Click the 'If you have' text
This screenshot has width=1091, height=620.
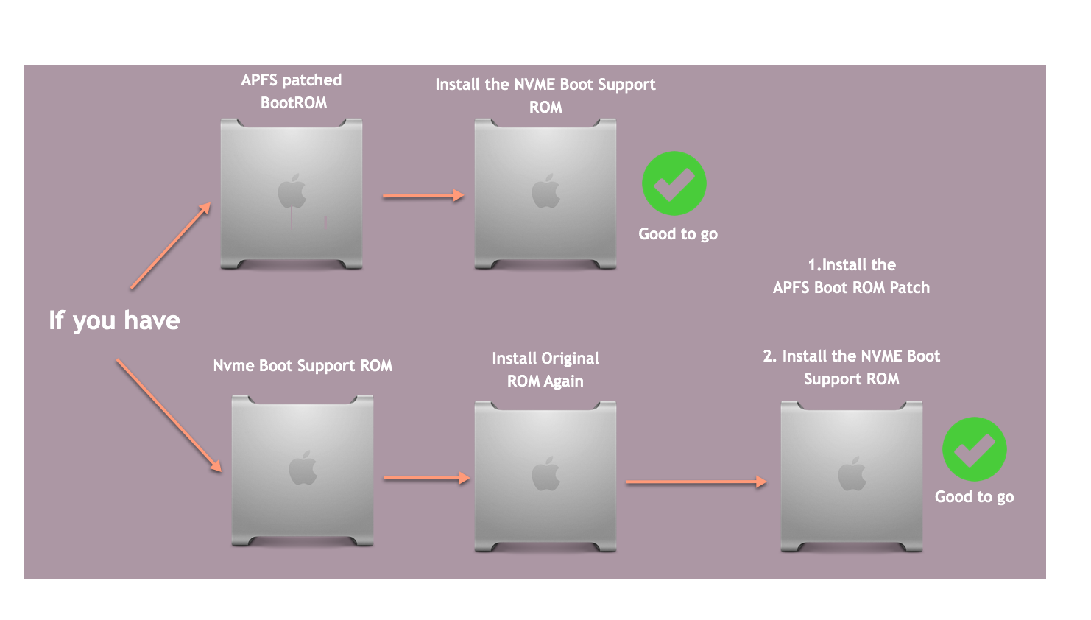pos(114,320)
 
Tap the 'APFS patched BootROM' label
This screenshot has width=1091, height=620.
pos(292,91)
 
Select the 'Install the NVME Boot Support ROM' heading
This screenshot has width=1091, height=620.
pos(545,96)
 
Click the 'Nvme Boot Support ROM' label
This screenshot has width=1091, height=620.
pos(303,366)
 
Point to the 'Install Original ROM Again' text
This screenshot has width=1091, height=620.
pos(545,370)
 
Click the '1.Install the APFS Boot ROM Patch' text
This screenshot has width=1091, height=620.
pos(851,276)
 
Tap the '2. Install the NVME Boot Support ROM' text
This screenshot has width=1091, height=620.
pos(851,367)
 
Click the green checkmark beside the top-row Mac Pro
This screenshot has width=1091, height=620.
pos(674,184)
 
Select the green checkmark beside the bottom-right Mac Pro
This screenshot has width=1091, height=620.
pos(974,449)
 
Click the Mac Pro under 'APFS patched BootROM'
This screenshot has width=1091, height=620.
pos(292,194)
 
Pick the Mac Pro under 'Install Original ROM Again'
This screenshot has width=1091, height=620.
pos(545,476)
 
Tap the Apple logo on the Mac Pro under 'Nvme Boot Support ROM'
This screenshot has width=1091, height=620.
pos(303,468)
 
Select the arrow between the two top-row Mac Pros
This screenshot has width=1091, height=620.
pos(423,196)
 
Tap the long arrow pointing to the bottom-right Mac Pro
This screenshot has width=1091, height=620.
pos(696,482)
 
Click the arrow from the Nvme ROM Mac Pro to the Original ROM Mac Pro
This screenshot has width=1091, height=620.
pos(426,478)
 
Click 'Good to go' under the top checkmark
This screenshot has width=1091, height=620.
pos(677,234)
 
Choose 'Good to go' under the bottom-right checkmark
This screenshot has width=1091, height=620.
pos(974,497)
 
